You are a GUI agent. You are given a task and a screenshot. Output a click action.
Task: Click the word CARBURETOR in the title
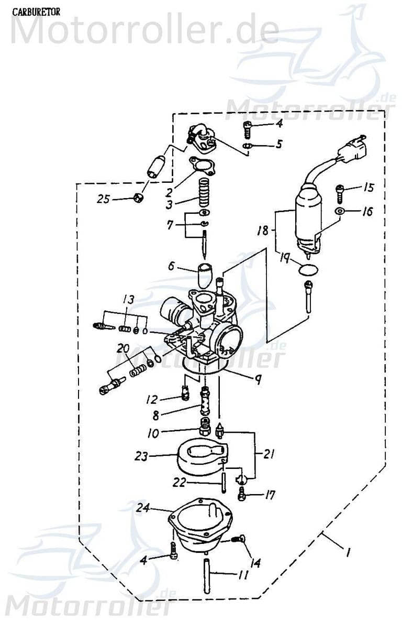pyautogui.click(x=36, y=12)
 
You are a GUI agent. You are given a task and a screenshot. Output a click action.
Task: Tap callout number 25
pyautogui.click(x=104, y=199)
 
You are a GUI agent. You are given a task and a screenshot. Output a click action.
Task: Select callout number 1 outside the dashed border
pyautogui.click(x=348, y=552)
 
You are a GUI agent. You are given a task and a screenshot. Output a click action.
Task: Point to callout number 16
pyautogui.click(x=367, y=212)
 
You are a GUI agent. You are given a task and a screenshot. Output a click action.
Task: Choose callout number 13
pyautogui.click(x=128, y=299)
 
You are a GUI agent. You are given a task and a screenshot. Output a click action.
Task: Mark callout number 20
pyautogui.click(x=124, y=348)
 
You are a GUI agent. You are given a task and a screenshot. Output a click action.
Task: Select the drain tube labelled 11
pyautogui.click(x=206, y=577)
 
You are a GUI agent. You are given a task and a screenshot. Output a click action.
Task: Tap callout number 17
pyautogui.click(x=270, y=495)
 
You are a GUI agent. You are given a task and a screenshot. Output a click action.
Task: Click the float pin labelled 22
pyautogui.click(x=224, y=482)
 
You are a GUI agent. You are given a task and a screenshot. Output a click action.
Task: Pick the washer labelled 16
pyautogui.click(x=339, y=211)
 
